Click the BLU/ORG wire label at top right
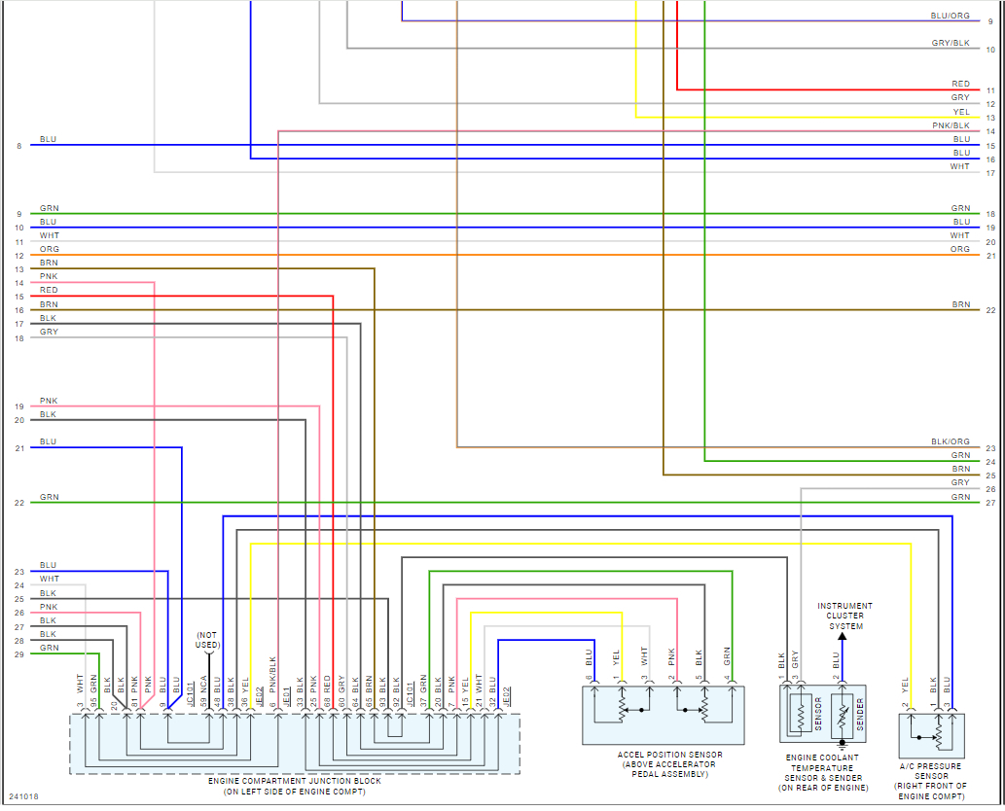[950, 16]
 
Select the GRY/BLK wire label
[950, 43]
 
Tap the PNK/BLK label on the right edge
[951, 125]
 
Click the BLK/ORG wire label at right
[950, 441]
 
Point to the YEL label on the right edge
[961, 112]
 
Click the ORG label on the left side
[49, 250]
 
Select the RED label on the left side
[49, 291]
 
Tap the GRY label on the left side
[49, 333]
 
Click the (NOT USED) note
[208, 639]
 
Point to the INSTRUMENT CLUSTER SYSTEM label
[844, 617]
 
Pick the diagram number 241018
[25, 797]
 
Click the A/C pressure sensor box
[932, 736]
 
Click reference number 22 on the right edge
[990, 310]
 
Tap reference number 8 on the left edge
[18, 146]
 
